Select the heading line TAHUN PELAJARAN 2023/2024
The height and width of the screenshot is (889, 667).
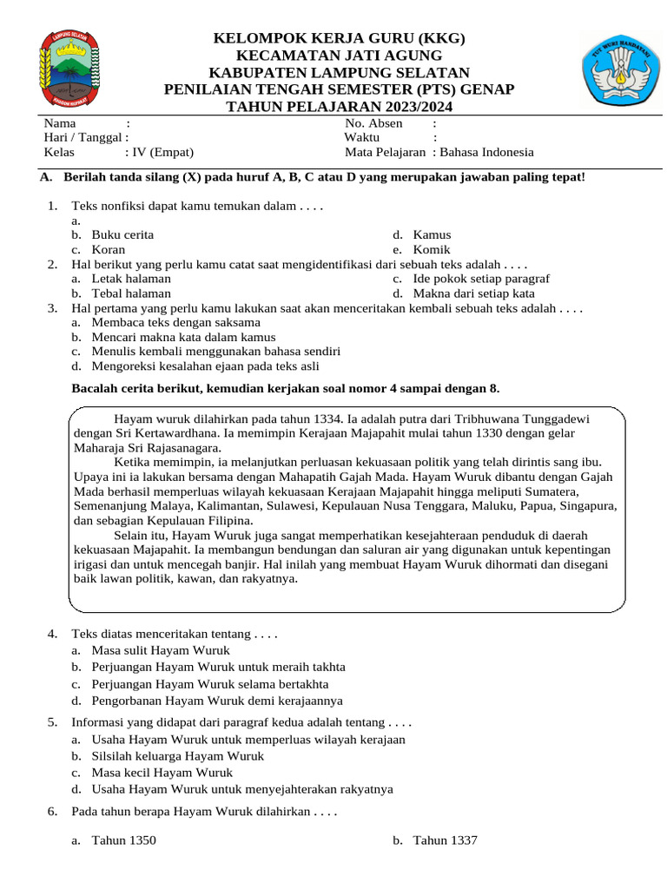tap(340, 107)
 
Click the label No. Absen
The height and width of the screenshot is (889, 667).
tap(373, 123)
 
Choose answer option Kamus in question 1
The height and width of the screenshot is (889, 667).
tap(432, 235)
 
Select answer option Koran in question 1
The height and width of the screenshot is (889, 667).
tap(109, 250)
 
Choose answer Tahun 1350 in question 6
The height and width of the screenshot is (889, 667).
tap(124, 840)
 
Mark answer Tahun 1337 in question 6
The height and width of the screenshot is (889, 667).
tap(445, 840)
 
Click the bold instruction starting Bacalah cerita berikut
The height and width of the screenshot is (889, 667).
tap(285, 388)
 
